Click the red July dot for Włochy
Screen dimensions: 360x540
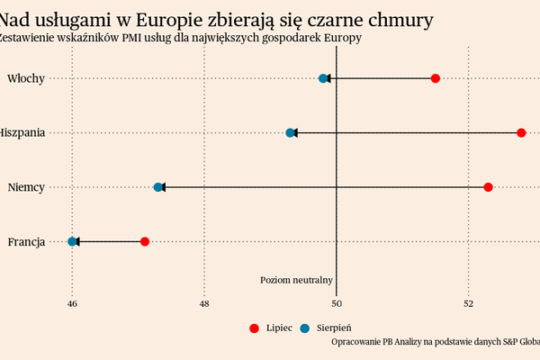coord(436,79)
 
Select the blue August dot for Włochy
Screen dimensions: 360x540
coord(323,79)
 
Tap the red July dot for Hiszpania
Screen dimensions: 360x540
coord(521,133)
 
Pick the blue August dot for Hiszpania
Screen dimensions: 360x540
coord(290,133)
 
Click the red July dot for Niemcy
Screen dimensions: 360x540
coord(488,187)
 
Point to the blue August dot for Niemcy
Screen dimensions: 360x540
coord(158,187)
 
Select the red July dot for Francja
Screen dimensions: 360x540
coord(145,241)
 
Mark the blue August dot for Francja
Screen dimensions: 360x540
coord(72,241)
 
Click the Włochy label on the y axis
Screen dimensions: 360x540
coord(26,79)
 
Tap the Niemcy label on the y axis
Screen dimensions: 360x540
coord(26,187)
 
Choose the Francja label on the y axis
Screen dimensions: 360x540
coord(26,241)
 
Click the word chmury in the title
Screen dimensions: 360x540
coord(391,20)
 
